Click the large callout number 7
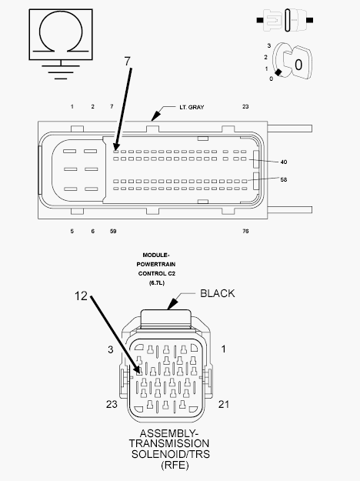coord(128,62)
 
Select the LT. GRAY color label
coord(192,107)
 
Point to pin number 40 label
coord(284,162)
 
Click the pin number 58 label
coord(284,179)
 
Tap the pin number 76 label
coord(245,231)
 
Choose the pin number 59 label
coord(113,231)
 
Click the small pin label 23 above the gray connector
coord(245,106)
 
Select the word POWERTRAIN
coord(156,264)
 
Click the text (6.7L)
coord(157,283)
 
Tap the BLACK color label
coord(218,293)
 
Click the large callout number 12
coord(81,296)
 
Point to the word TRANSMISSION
coord(169,443)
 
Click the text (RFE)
coord(175,465)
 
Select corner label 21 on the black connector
coord(224,404)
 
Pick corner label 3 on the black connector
coord(111,349)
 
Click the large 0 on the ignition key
coord(298,65)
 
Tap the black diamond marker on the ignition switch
coord(278,72)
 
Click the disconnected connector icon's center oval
coord(288,20)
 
